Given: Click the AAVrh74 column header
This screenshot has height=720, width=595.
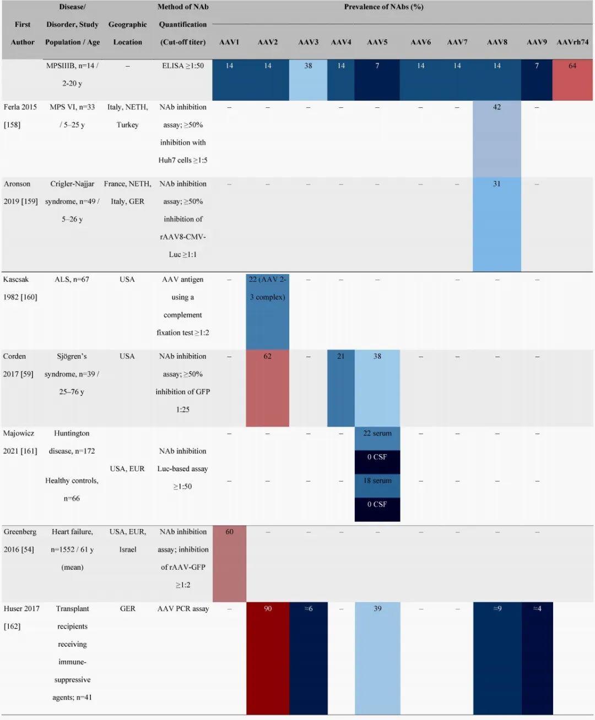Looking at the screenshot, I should point(572,42).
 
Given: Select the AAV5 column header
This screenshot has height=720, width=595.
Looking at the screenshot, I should point(377,42).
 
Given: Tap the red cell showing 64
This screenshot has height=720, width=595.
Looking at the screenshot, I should point(572,79).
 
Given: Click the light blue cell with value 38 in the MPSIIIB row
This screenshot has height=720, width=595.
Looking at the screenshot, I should point(308,79).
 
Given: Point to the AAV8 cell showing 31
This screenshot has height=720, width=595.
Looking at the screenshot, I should point(497,223).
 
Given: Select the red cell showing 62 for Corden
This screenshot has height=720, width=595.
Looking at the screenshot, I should point(267,388).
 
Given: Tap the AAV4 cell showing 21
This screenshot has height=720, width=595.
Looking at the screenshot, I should point(341,388).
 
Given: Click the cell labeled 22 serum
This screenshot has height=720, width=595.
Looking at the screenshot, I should point(377,434).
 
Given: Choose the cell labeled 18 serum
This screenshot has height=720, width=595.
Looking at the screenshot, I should point(377,481).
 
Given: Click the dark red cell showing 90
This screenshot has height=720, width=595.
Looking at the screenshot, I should point(267,658).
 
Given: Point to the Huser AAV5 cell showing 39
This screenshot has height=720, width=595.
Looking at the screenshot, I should point(377,658).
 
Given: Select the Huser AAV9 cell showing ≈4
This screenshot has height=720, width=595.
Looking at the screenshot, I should point(537,658).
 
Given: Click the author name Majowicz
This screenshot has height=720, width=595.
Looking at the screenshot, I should point(19,433).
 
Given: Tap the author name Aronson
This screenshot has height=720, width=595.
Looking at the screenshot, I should point(17,184).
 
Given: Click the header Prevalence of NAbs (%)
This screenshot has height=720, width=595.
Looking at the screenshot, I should point(383,7).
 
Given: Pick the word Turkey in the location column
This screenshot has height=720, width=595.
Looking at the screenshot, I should point(127,125).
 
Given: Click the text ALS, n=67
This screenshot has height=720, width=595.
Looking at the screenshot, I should point(72,280).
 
